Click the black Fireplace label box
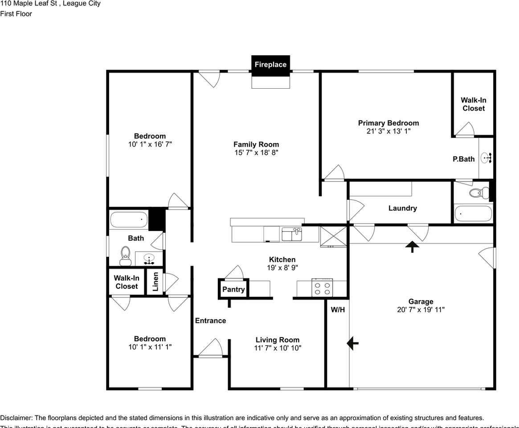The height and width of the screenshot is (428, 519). tap(270, 64)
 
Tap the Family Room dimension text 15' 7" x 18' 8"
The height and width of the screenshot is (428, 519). tap(256, 152)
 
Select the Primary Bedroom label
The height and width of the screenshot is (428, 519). tap(388, 123)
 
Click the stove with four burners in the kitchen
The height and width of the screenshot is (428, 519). tap(322, 287)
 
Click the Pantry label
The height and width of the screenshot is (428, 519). tap(233, 289)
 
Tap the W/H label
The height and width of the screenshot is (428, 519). tap(338, 309)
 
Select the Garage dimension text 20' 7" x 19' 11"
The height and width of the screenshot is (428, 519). tap(421, 309)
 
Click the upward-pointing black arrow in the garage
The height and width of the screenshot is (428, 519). tap(413, 247)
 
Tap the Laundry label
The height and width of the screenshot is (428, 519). tap(402, 208)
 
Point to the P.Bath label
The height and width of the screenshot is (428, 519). tap(464, 159)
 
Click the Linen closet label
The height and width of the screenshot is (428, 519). tap(155, 282)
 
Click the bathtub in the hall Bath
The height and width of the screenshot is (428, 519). tap(129, 219)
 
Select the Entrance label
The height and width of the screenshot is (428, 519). tap(210, 321)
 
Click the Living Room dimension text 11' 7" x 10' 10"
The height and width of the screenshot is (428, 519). tap(277, 348)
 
